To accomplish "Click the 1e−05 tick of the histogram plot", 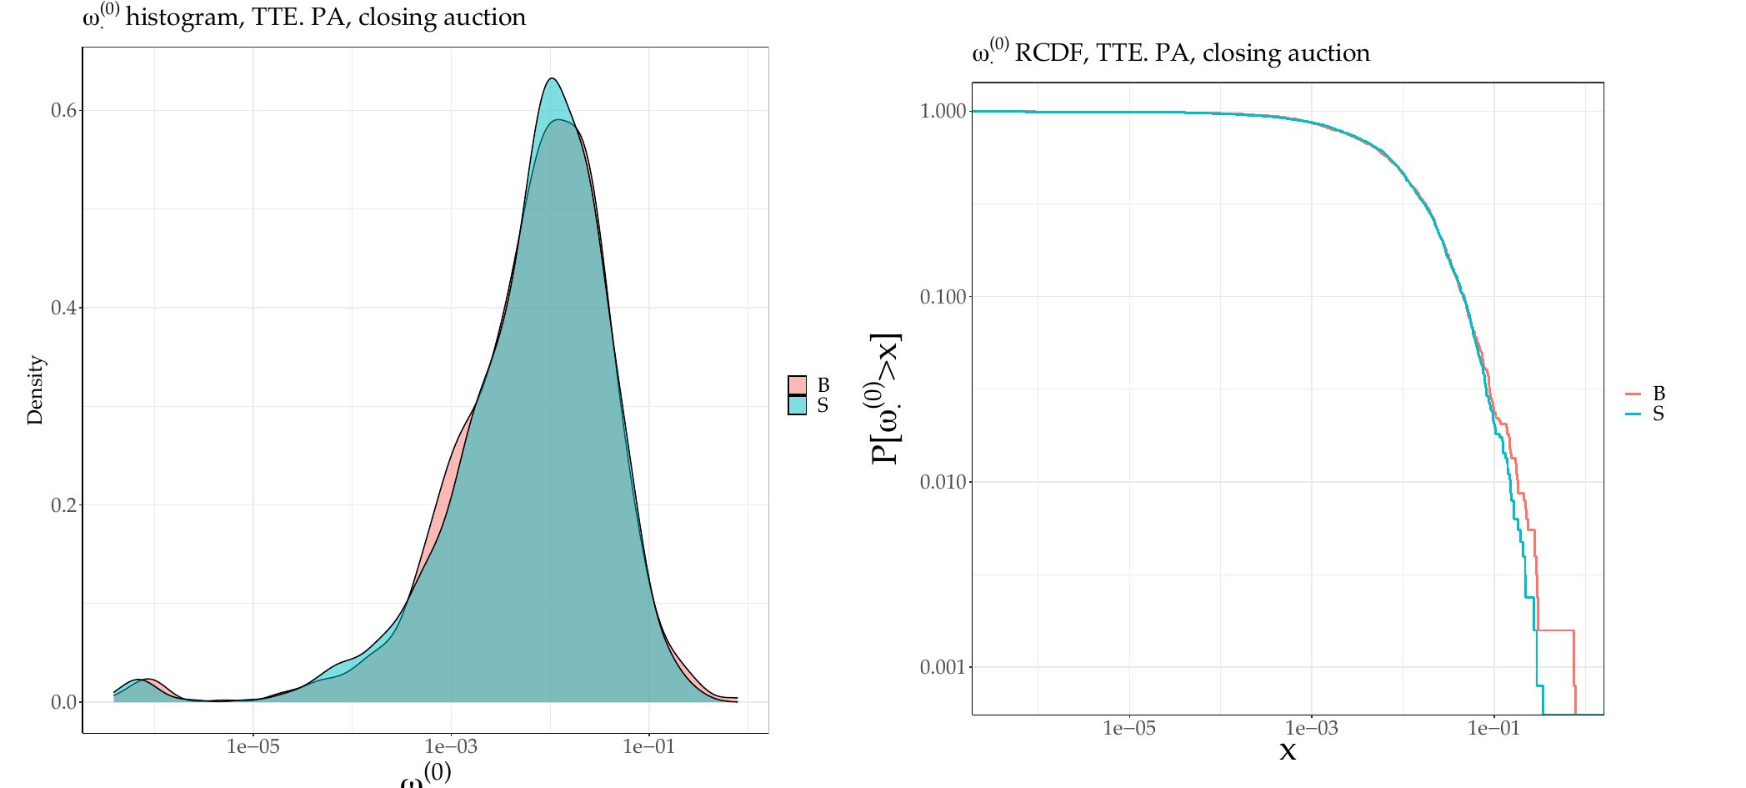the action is pyautogui.click(x=253, y=746).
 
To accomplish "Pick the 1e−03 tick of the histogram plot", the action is pyautogui.click(x=451, y=746).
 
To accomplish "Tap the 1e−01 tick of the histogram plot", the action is pyautogui.click(x=649, y=746).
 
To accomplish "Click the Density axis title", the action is pyautogui.click(x=35, y=390).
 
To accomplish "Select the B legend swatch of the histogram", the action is pyautogui.click(x=798, y=385).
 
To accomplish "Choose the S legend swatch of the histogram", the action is pyautogui.click(x=798, y=405).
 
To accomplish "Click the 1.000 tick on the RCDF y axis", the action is pyautogui.click(x=943, y=112).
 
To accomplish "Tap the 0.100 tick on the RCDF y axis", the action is pyautogui.click(x=943, y=297).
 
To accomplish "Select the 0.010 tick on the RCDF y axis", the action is pyautogui.click(x=943, y=482).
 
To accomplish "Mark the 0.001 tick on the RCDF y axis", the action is pyautogui.click(x=943, y=667).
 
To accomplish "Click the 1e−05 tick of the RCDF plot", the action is pyautogui.click(x=1129, y=728).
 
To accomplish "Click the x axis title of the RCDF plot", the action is pyautogui.click(x=1288, y=751).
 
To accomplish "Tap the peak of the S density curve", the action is pyautogui.click(x=552, y=78).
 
